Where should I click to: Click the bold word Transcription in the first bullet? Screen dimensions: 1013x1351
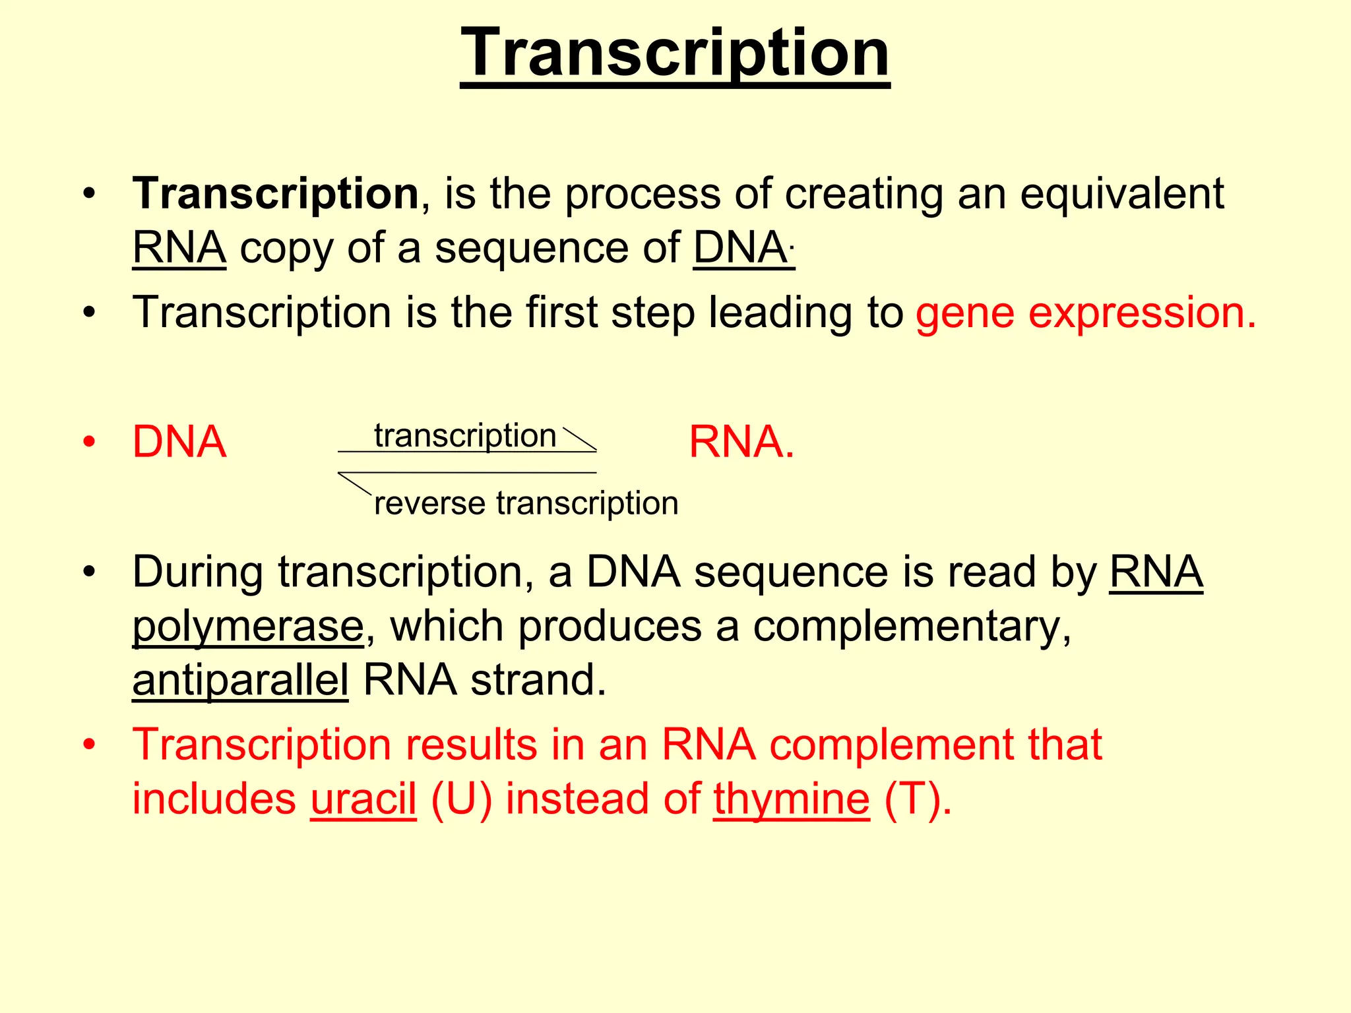click(x=275, y=194)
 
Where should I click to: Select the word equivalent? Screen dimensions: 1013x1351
click(x=1121, y=194)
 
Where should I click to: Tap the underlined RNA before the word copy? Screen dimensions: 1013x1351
click(x=179, y=249)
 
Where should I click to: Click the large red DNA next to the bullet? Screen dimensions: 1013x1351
click(x=179, y=442)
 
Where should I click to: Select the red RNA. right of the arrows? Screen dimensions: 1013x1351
click(x=741, y=442)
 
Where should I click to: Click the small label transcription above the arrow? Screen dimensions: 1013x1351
click(x=465, y=436)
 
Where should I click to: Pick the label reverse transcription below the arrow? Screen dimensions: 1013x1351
click(x=526, y=503)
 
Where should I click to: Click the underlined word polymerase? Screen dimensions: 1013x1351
click(x=247, y=626)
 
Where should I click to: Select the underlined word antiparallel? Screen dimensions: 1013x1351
click(x=240, y=680)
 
